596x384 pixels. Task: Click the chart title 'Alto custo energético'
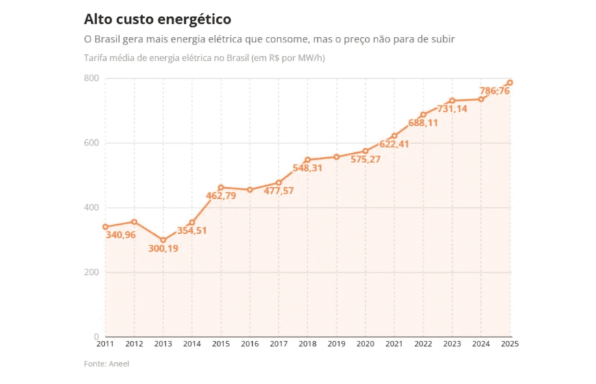pyautogui.click(x=158, y=19)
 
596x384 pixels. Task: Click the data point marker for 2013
pyautogui.click(x=163, y=240)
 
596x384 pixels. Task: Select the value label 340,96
pyautogui.click(x=121, y=235)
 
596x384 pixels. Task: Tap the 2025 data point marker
pyautogui.click(x=510, y=83)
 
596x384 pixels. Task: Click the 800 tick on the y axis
pyautogui.click(x=91, y=79)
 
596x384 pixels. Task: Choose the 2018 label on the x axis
pyautogui.click(x=308, y=344)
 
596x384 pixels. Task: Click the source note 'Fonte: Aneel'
pyautogui.click(x=106, y=363)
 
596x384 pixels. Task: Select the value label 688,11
pyautogui.click(x=424, y=123)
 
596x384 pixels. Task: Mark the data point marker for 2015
pyautogui.click(x=221, y=187)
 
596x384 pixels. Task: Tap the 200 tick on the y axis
pyautogui.click(x=91, y=272)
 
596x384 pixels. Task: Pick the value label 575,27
pyautogui.click(x=366, y=159)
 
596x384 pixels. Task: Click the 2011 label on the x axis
pyautogui.click(x=105, y=344)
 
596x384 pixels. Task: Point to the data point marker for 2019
pyautogui.click(x=336, y=157)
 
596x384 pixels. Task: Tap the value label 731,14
pyautogui.click(x=453, y=109)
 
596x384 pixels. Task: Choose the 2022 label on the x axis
pyautogui.click(x=423, y=344)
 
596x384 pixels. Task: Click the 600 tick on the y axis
pyautogui.click(x=91, y=143)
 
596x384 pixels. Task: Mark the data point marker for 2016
pyautogui.click(x=250, y=190)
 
